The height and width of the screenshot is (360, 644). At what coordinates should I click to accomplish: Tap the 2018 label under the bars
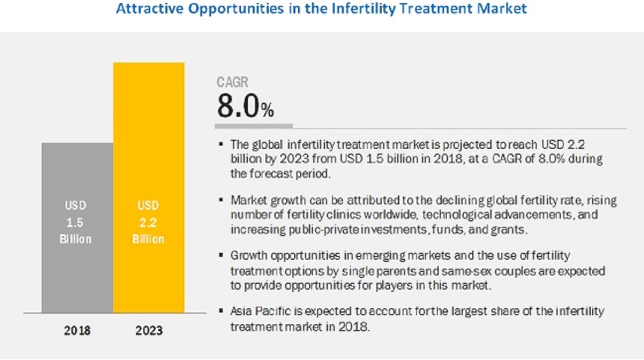(77, 331)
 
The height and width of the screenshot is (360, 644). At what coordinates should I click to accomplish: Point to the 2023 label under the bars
(149, 331)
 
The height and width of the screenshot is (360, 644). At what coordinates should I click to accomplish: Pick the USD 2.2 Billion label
(149, 222)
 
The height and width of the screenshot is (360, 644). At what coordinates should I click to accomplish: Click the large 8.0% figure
(245, 106)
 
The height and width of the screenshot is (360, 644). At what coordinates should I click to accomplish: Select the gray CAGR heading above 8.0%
(232, 82)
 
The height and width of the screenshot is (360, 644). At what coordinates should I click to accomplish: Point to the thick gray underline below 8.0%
(254, 126)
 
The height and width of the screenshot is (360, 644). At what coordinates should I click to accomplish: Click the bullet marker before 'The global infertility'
(221, 145)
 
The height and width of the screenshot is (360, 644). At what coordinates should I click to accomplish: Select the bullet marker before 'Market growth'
(221, 201)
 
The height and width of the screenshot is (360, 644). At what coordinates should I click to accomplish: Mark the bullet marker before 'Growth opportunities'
(221, 257)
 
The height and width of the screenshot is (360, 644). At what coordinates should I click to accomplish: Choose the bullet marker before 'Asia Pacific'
(221, 312)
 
